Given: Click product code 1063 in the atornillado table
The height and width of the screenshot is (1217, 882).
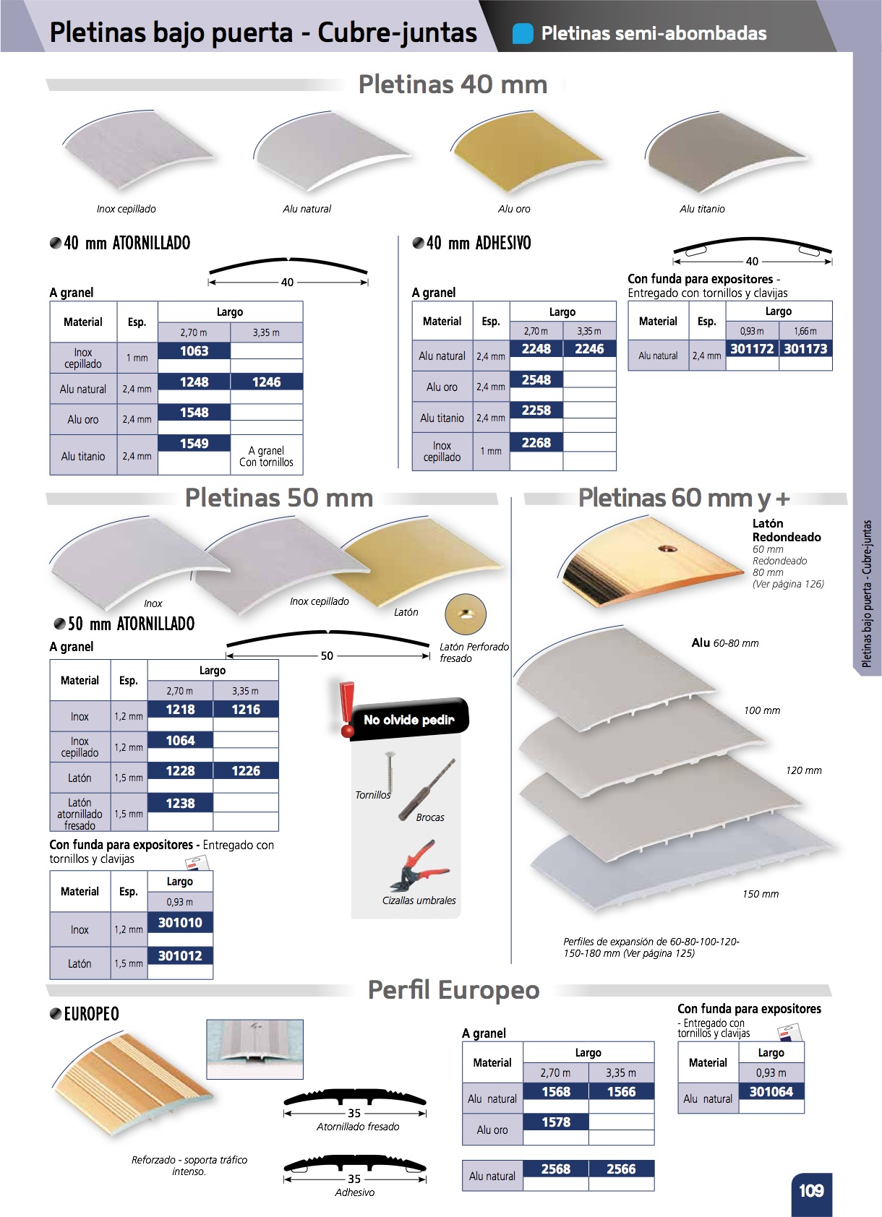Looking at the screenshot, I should point(194,351).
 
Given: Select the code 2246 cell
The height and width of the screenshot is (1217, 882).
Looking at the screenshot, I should point(589,349).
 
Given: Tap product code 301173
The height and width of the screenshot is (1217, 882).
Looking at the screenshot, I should point(805,349).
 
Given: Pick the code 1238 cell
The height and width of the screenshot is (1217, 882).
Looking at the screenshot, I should point(180,803).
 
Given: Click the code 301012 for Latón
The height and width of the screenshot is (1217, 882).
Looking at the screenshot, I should point(180,956).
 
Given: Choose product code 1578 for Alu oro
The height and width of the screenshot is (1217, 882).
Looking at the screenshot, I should point(555,1122).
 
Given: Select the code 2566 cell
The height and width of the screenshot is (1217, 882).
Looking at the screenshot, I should point(621,1169).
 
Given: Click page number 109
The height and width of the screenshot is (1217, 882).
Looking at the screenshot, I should point(811,1191).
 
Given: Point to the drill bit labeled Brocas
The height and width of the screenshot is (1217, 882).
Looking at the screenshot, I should point(429,788).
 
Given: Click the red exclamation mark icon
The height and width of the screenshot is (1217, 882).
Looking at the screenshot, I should point(347,708).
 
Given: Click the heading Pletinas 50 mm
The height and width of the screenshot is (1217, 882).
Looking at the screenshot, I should point(279,498).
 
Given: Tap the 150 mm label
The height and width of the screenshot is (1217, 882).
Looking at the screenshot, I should point(761,894).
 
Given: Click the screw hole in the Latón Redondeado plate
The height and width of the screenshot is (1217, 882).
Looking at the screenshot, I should point(668,549).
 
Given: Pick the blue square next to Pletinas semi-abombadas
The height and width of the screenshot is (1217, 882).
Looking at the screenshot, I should point(523,33).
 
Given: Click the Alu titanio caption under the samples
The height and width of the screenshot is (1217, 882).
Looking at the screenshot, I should point(702,209).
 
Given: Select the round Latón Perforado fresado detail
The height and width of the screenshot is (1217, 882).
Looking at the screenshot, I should point(466,615).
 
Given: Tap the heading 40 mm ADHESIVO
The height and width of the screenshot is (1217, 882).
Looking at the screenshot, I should point(478,244).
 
